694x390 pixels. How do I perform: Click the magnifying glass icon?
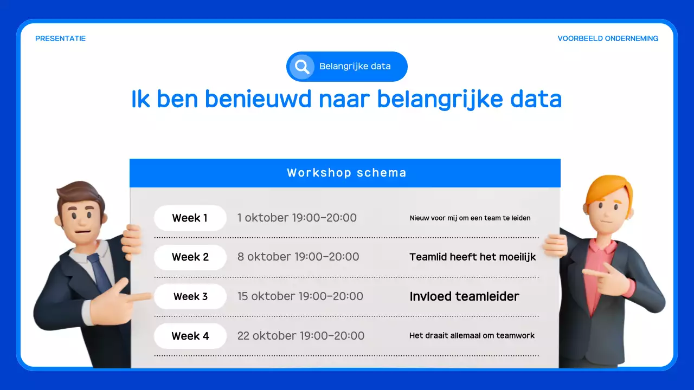[x=301, y=67]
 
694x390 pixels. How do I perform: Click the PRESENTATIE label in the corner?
[x=60, y=38]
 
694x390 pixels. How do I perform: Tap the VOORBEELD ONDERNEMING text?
[x=608, y=38]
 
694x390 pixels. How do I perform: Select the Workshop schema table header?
[x=346, y=173]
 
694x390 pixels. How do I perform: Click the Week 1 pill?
[x=190, y=218]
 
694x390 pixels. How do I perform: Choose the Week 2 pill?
[x=190, y=257]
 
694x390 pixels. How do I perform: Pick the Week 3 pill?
[x=190, y=297]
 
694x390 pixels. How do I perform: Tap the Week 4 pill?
[x=190, y=336]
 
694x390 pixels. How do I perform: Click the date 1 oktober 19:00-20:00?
[x=297, y=218]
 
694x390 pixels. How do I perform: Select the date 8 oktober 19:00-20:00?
[x=298, y=257]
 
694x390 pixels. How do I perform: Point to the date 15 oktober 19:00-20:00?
[x=300, y=296]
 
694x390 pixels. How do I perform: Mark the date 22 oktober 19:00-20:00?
[x=300, y=336]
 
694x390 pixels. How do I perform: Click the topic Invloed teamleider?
[x=464, y=296]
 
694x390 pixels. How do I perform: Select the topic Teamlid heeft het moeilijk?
[x=472, y=257]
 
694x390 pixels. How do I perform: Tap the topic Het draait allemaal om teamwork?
[x=472, y=336]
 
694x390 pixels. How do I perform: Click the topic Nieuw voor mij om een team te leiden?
[x=470, y=218]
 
